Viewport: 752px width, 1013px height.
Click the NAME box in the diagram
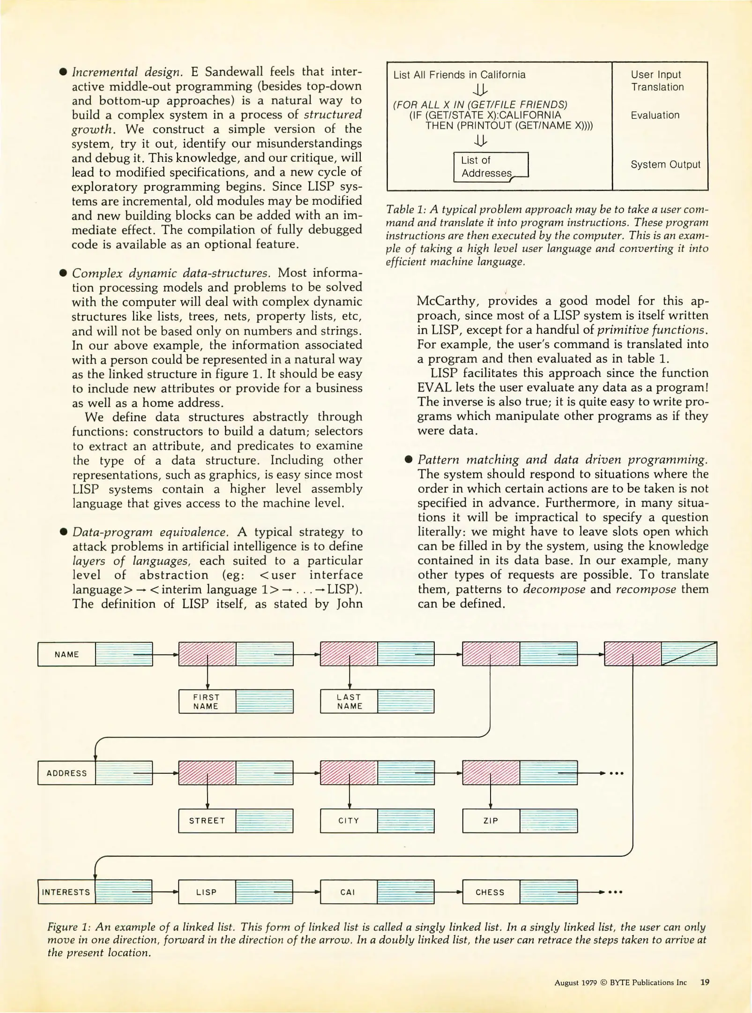click(x=67, y=654)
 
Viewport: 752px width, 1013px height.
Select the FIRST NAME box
click(x=207, y=702)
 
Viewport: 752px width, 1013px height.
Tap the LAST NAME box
click(x=349, y=702)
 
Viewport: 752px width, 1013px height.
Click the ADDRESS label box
click(x=67, y=773)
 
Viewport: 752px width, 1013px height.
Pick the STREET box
click(x=207, y=821)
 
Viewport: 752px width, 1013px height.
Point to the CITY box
click(x=349, y=821)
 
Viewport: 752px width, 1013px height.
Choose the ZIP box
click(x=491, y=821)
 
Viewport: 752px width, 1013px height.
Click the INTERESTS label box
click(x=66, y=892)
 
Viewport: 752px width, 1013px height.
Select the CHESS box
click(x=491, y=892)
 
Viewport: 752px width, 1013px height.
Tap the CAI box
click(x=348, y=892)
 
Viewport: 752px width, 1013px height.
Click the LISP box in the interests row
click(x=207, y=892)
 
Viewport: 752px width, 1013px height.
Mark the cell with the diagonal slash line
click(x=689, y=654)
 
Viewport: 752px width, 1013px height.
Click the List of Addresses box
click(x=490, y=167)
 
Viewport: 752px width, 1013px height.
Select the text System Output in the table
click(x=665, y=165)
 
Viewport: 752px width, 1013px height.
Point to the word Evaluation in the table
click(x=655, y=115)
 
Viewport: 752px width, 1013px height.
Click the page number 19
click(x=705, y=982)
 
